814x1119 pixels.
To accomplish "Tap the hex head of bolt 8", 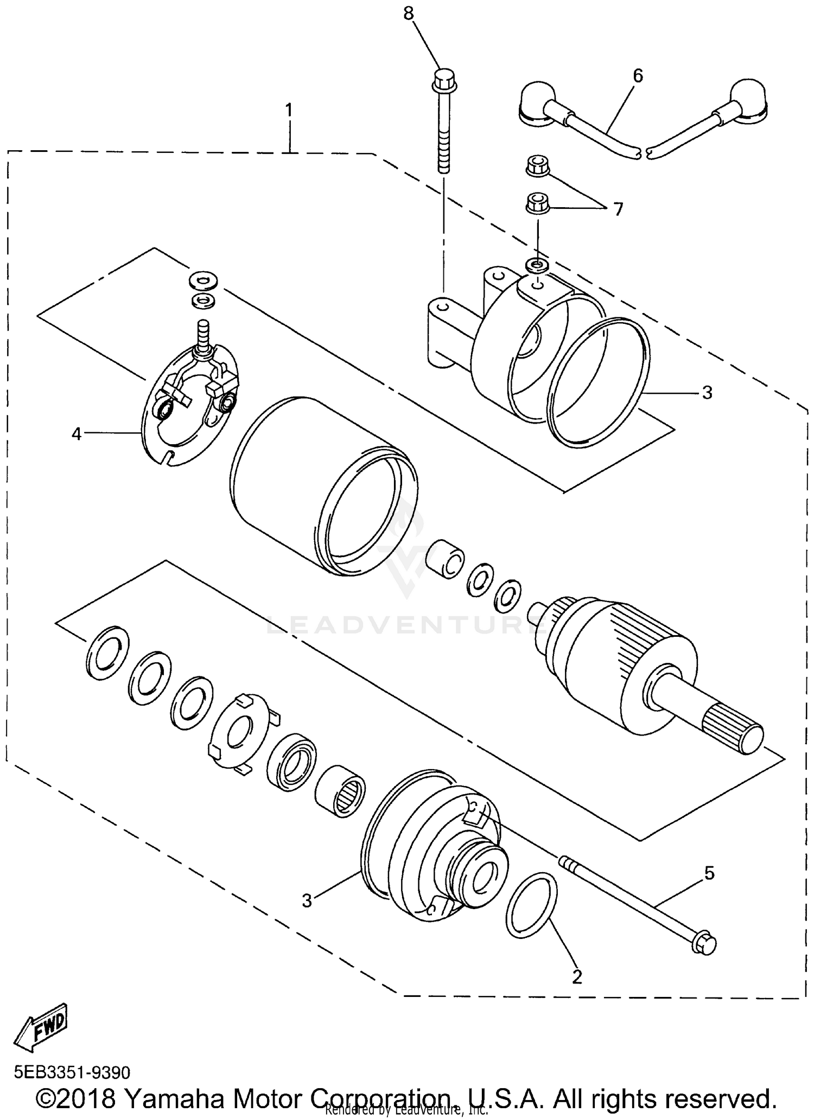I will coord(444,80).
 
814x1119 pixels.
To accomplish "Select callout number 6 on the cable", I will coord(638,76).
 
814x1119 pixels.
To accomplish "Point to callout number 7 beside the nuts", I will coord(618,209).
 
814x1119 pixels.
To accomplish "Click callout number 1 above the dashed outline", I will coord(289,111).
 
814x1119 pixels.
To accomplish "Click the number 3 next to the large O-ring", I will coord(707,392).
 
